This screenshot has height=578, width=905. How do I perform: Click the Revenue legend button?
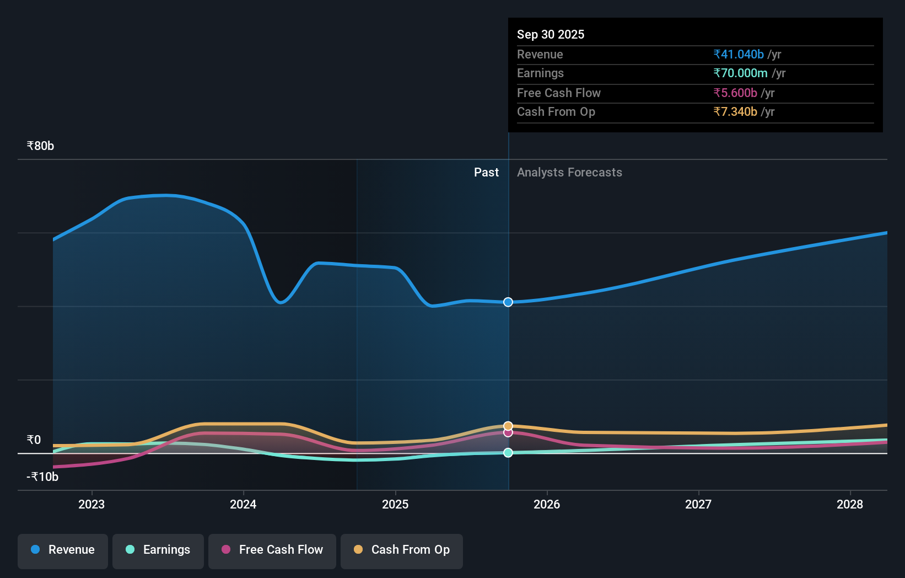63,550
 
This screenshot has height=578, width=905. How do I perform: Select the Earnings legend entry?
158,550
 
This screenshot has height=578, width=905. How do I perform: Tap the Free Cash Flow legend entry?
272,550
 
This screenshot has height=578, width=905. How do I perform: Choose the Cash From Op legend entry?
402,550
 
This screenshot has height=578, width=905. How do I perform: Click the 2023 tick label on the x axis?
91,504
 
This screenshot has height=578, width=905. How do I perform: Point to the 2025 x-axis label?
395,504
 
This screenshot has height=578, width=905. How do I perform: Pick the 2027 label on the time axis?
698,504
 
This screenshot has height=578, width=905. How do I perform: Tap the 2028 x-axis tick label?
850,504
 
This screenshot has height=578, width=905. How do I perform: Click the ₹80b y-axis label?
40,146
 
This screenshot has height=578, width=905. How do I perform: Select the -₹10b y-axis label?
42,477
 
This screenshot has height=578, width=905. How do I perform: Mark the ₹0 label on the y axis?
34,440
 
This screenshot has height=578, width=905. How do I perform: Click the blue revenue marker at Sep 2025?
508,302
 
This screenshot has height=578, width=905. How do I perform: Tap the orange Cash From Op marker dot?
508,426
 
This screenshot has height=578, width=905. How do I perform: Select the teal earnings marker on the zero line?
508,453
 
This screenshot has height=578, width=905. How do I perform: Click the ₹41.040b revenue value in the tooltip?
739,55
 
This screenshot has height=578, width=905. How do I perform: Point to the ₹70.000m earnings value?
740,73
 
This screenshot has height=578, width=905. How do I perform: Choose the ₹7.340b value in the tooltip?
735,112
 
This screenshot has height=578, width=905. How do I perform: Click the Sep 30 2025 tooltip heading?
551,35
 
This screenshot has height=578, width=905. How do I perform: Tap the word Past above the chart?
486,173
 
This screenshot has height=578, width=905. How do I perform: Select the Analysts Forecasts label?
569,173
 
